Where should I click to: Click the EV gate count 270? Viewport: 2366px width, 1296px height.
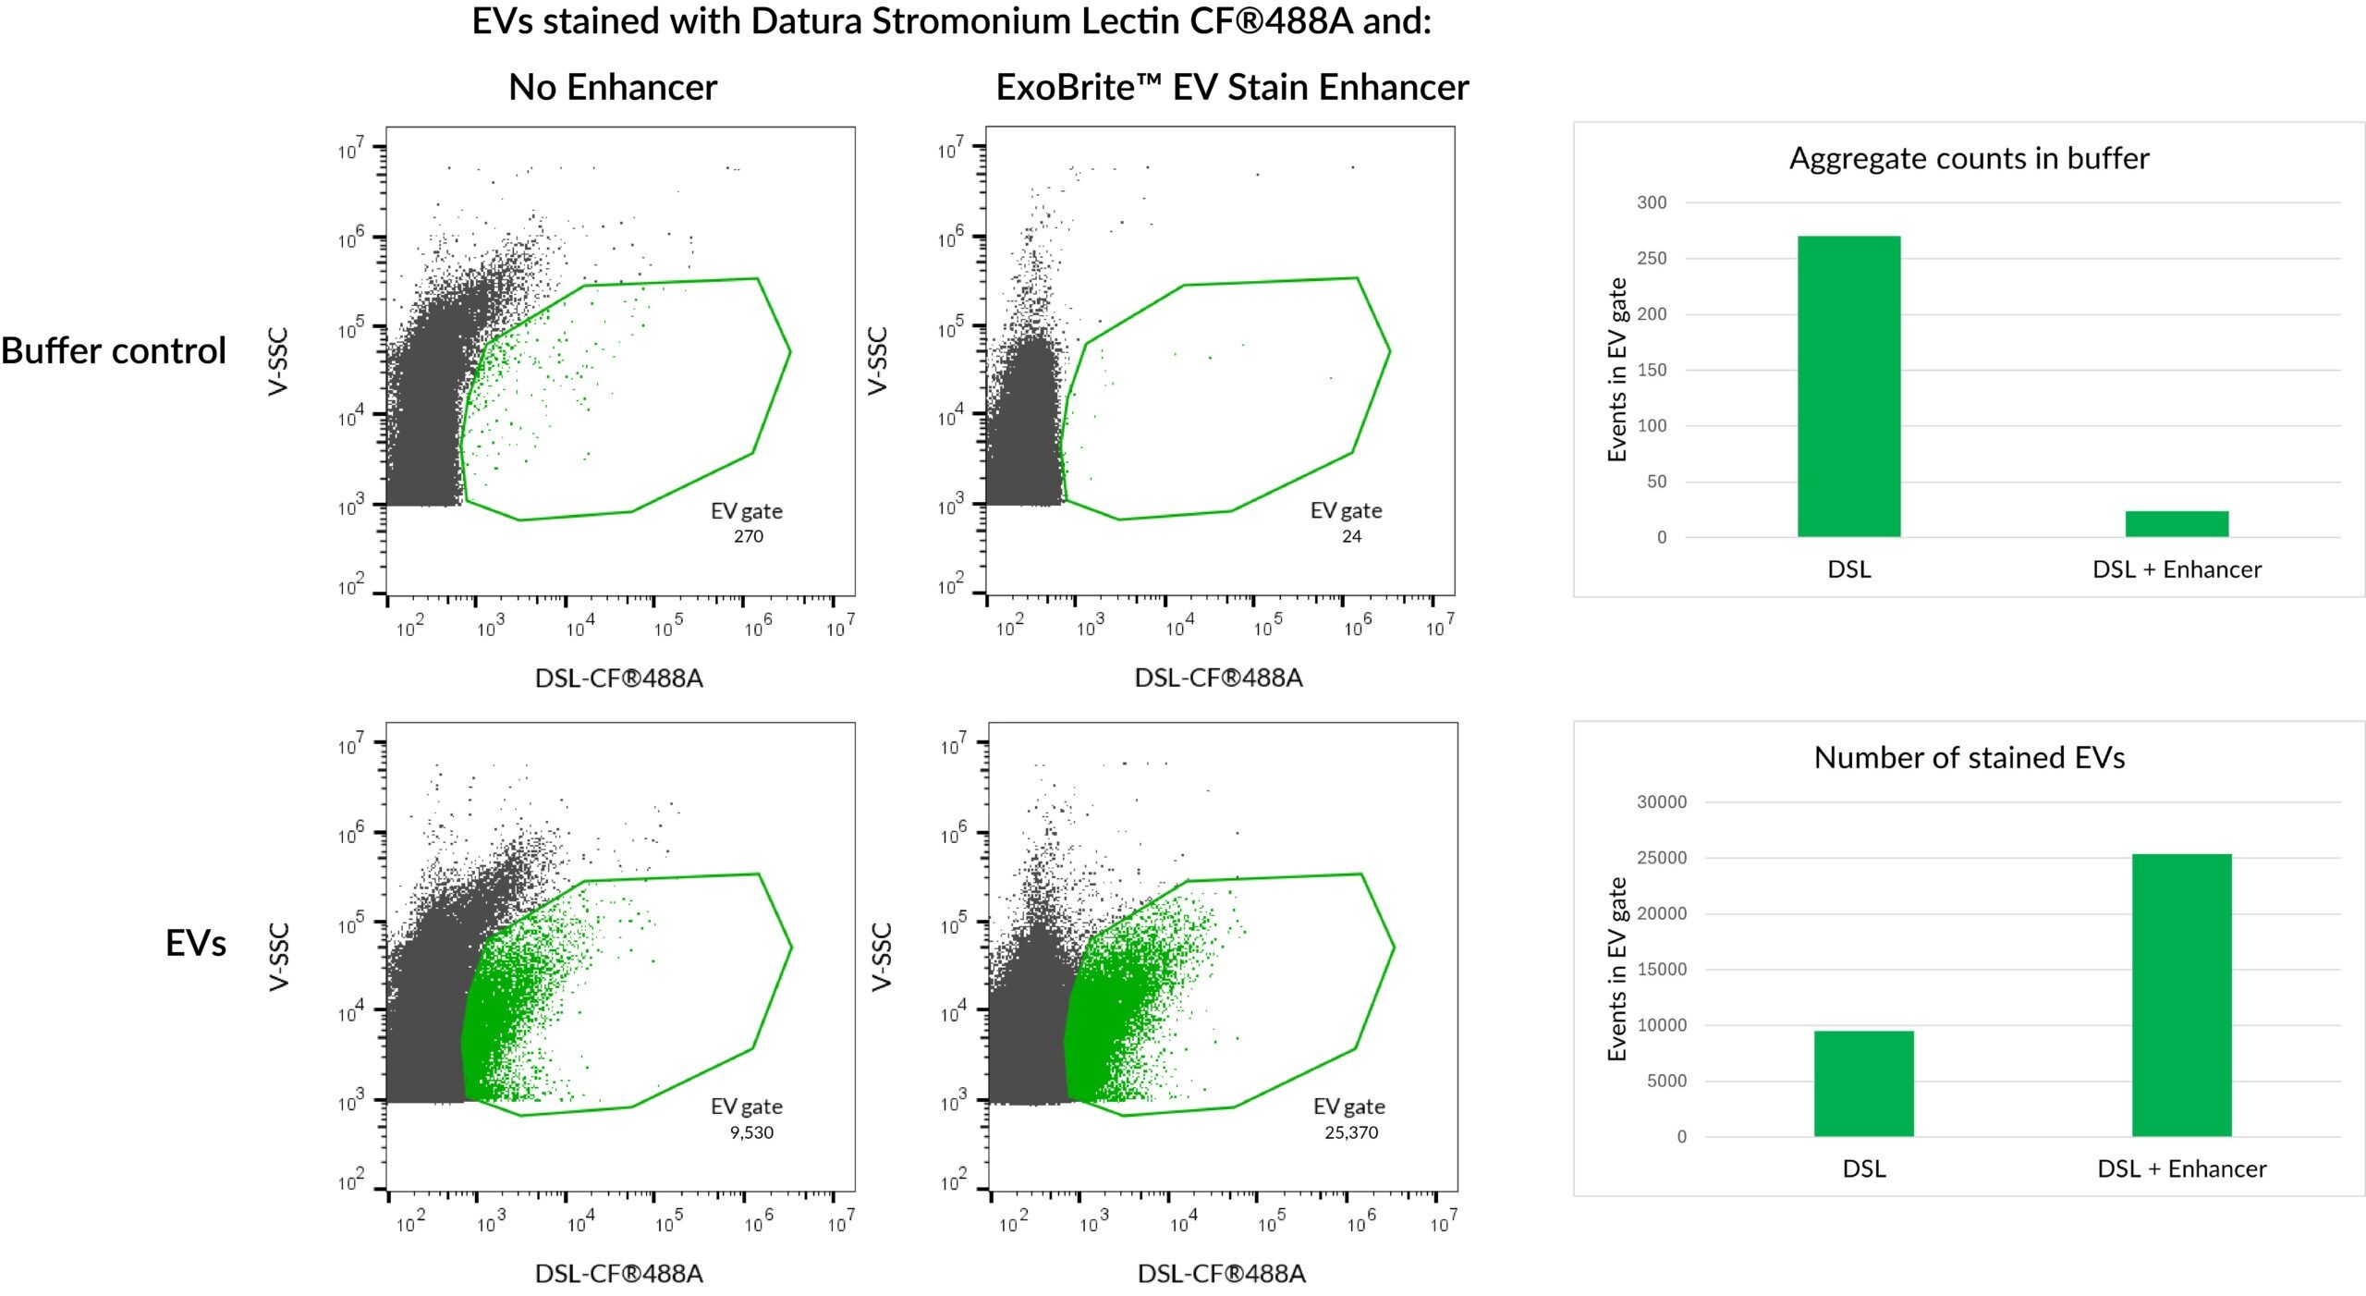click(x=749, y=536)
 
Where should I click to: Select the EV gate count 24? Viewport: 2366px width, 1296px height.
click(x=1351, y=536)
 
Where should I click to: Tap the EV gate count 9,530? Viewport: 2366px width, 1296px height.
click(x=751, y=1132)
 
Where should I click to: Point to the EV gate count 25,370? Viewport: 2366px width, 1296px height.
click(x=1351, y=1132)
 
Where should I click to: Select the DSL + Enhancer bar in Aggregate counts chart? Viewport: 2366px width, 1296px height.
click(x=2177, y=523)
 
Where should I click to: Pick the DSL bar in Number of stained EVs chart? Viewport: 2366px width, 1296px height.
click(x=1863, y=1083)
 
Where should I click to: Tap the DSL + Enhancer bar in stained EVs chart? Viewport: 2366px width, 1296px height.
click(x=2181, y=995)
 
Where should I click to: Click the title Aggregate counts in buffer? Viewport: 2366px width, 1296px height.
click(x=1969, y=159)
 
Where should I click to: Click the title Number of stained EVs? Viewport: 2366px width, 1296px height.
click(x=1969, y=758)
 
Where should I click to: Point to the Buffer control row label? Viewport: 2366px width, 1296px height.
click(x=114, y=351)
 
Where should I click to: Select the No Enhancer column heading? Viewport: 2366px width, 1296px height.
click(x=613, y=88)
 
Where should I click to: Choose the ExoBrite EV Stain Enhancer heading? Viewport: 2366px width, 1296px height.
click(x=1231, y=88)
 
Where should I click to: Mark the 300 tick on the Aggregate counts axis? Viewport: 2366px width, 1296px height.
click(x=1652, y=202)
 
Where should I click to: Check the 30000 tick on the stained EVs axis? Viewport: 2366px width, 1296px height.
click(x=1661, y=802)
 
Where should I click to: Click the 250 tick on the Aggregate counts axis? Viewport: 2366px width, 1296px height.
click(x=1652, y=259)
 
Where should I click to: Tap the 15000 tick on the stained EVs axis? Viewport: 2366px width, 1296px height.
click(x=1661, y=970)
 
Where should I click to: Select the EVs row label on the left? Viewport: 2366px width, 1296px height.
click(x=196, y=944)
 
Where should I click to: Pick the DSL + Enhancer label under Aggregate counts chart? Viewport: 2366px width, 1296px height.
click(x=2177, y=569)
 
